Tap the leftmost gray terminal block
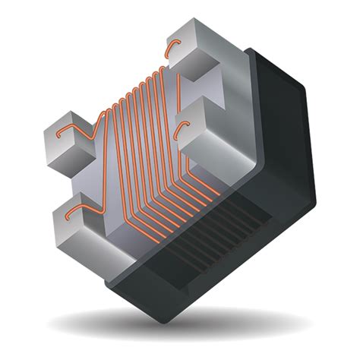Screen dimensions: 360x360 pos(69,144)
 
